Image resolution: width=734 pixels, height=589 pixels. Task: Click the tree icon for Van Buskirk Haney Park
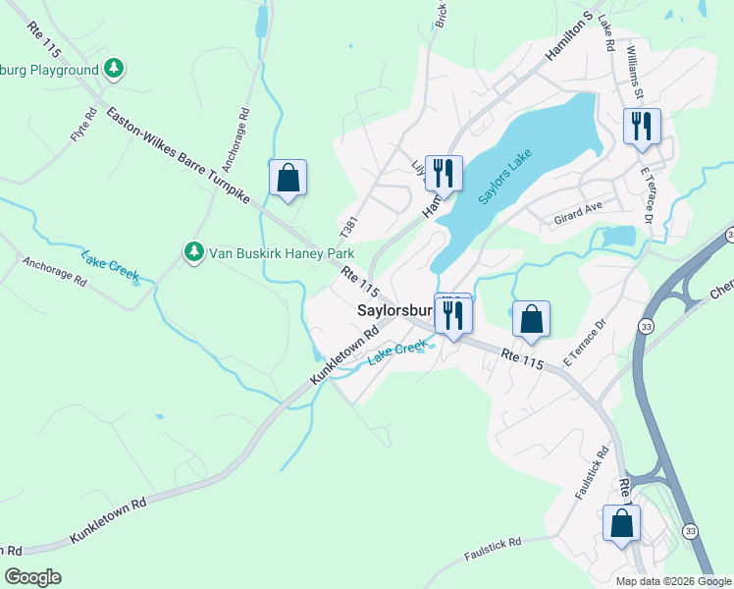point(194,252)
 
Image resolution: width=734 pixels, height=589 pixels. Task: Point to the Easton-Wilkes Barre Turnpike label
point(178,158)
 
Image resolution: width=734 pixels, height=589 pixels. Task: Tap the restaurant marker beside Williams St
point(643,126)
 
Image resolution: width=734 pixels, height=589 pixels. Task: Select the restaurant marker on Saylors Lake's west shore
point(444,174)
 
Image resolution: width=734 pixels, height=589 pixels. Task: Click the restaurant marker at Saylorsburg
point(453,314)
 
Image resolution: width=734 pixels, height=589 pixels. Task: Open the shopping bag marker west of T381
point(288,178)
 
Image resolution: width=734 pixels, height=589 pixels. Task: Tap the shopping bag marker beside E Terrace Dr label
point(531,319)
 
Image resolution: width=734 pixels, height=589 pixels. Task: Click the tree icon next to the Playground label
point(115,69)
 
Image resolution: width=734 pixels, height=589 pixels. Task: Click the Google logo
point(32,577)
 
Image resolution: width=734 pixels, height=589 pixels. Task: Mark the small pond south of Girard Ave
point(619,237)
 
